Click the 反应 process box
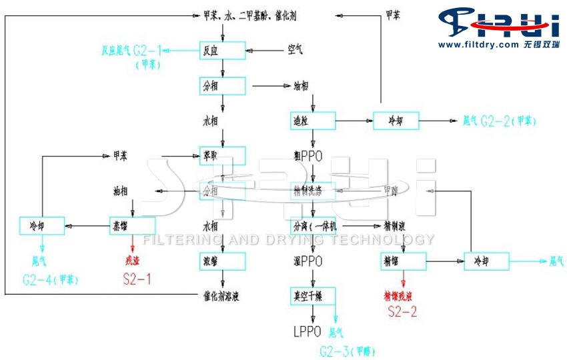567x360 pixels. point(223,49)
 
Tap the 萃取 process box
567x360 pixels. point(223,155)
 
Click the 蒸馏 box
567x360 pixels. point(132,225)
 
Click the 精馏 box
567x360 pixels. point(402,260)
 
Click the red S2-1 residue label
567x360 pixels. point(137,279)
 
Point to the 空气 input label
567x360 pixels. point(296,49)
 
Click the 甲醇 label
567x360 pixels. point(391,191)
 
